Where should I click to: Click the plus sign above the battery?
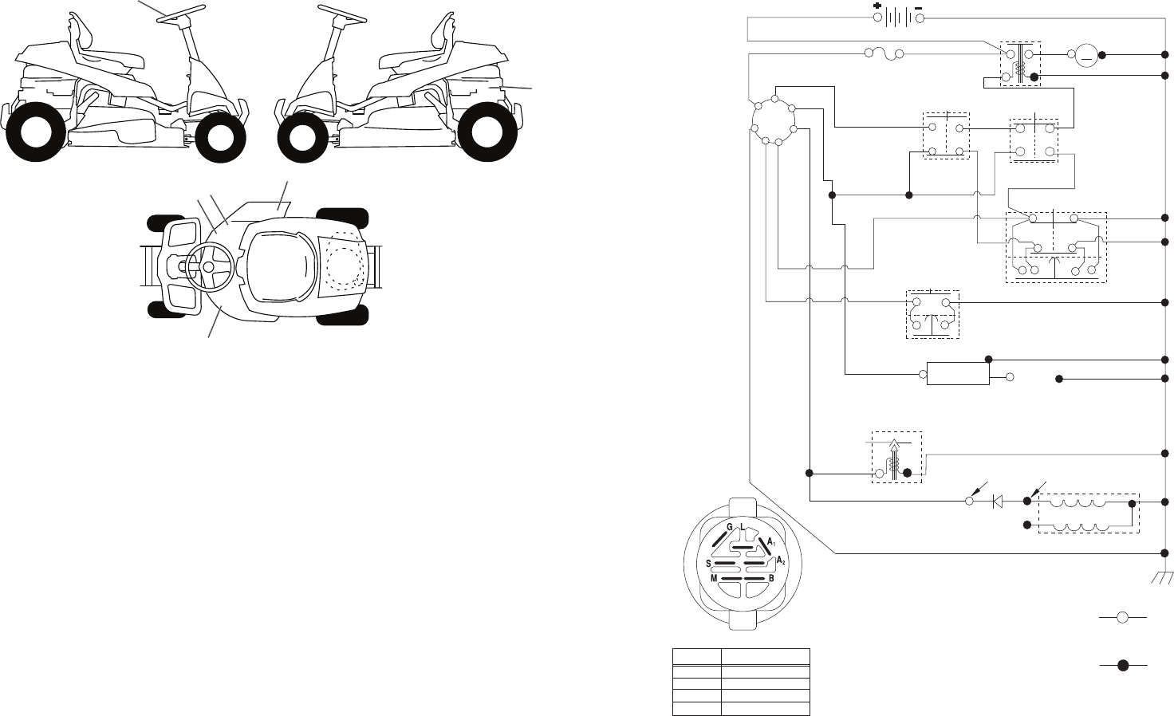coord(877,5)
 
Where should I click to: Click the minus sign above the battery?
coord(920,5)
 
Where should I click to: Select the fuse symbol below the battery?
coord(882,54)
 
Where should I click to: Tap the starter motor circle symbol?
coord(1085,55)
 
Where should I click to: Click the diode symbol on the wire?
coord(997,502)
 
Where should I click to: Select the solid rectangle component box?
coord(958,374)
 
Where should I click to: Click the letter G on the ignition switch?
coord(730,528)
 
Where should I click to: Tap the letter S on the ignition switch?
coord(709,564)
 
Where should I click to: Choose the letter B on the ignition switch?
coord(771,579)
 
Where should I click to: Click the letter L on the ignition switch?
coord(743,528)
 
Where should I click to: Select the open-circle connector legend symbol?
coord(1122,617)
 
